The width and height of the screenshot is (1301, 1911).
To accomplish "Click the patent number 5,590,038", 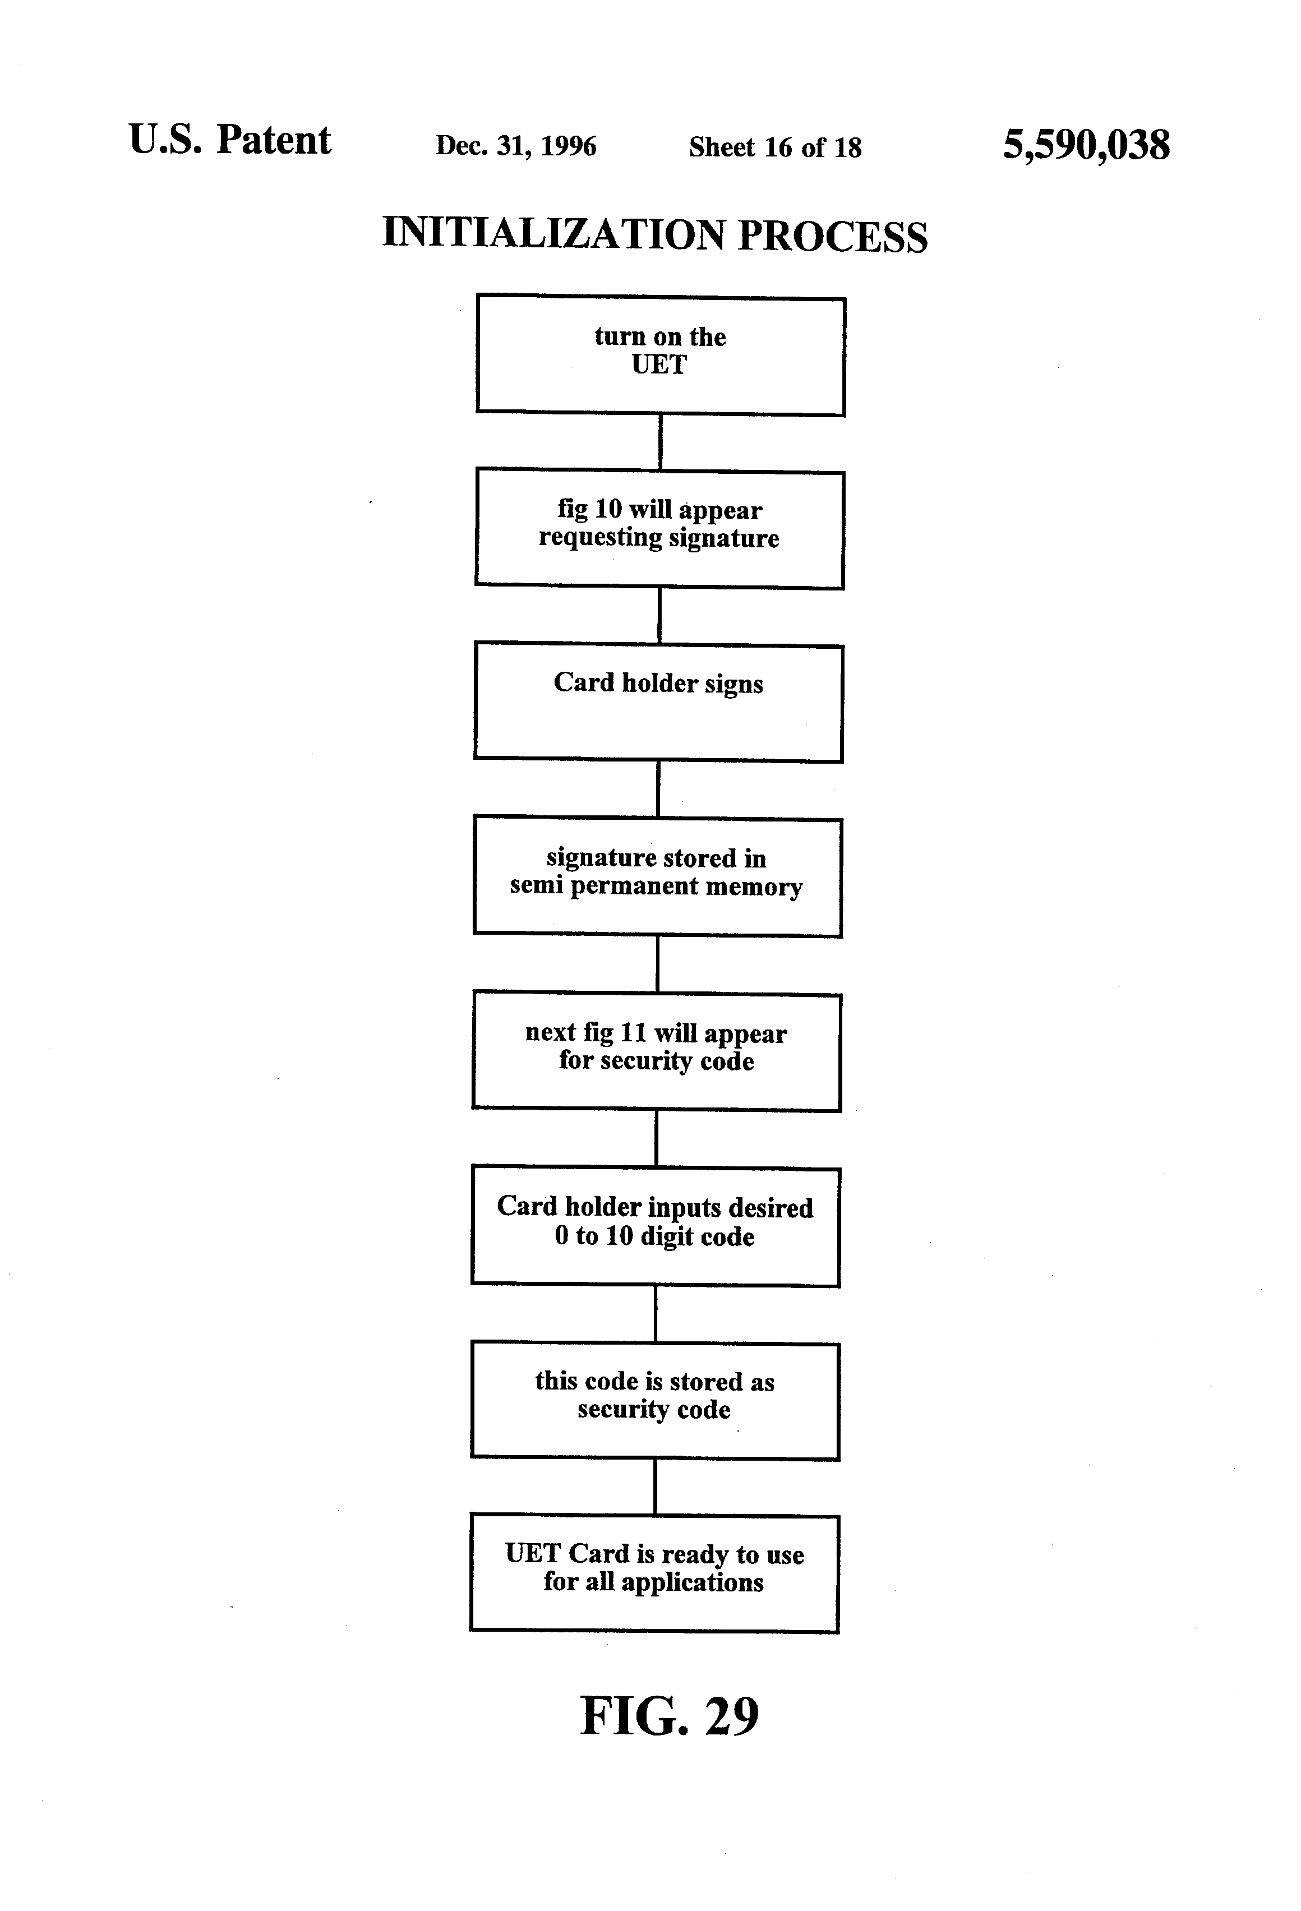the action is click(x=1086, y=146).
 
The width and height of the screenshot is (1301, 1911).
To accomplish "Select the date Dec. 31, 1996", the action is click(x=515, y=146).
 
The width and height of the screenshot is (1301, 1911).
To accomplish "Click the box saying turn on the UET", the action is click(x=661, y=356).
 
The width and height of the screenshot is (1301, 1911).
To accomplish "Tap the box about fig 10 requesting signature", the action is click(x=659, y=529).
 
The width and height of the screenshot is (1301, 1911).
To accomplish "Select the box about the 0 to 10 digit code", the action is click(x=656, y=1226).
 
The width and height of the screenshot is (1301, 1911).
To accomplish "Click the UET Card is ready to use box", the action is click(x=654, y=1574).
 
